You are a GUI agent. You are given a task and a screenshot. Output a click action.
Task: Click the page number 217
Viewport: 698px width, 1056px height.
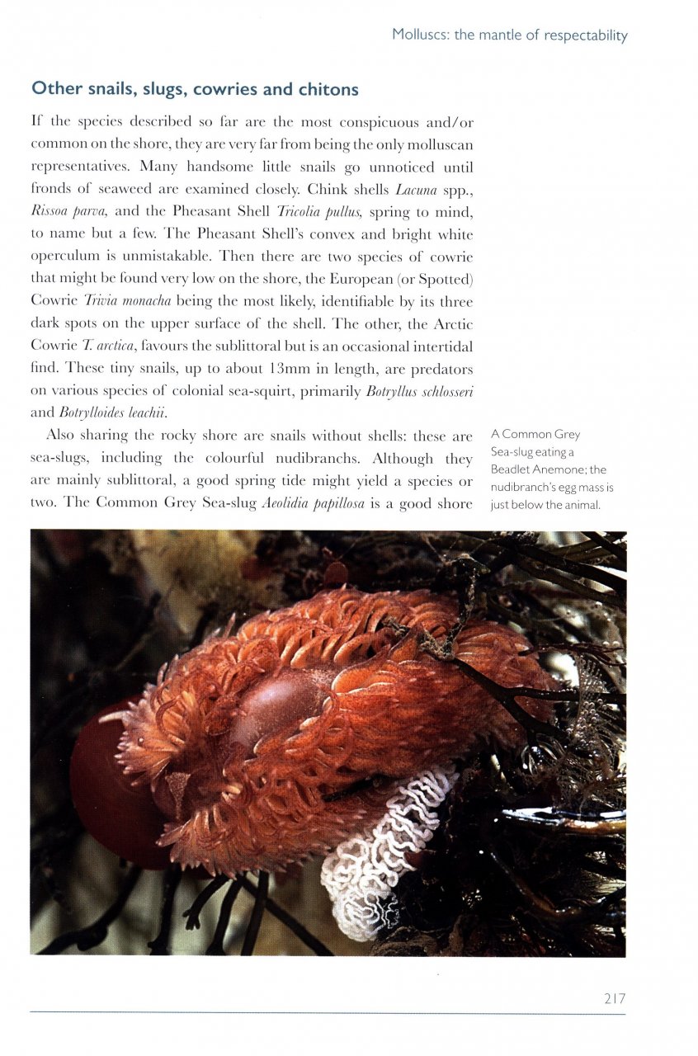(614, 998)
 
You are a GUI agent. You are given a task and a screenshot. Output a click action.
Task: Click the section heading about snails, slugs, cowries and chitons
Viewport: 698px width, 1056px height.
(194, 88)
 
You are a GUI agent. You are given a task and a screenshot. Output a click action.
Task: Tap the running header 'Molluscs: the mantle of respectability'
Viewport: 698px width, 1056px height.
(509, 35)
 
